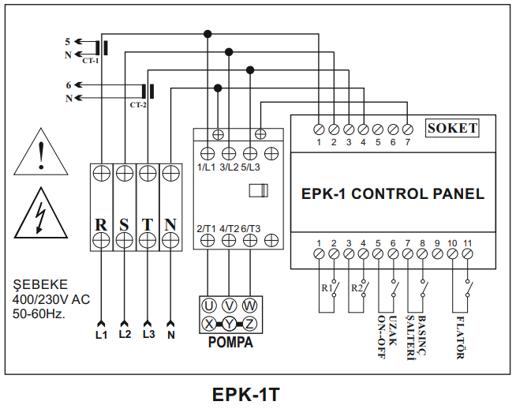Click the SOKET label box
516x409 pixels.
pyautogui.click(x=452, y=128)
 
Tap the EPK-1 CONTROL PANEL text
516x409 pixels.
pyautogui.click(x=393, y=193)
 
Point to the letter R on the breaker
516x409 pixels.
pyautogui.click(x=101, y=223)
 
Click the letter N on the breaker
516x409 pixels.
pyautogui.click(x=170, y=223)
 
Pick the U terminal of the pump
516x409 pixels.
pyautogui.click(x=208, y=306)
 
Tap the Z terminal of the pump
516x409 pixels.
pyautogui.click(x=250, y=323)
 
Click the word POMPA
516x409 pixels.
pyautogui.click(x=230, y=343)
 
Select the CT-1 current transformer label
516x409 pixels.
pyautogui.click(x=91, y=60)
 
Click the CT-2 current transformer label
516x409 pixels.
pyautogui.click(x=138, y=104)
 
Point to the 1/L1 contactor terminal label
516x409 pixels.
pyautogui.click(x=207, y=167)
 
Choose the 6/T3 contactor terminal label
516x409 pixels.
pyautogui.click(x=251, y=228)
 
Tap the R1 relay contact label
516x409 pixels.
pyautogui.click(x=326, y=287)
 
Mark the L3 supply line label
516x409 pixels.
pyautogui.click(x=148, y=335)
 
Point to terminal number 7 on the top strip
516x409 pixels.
pyautogui.click(x=407, y=142)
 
